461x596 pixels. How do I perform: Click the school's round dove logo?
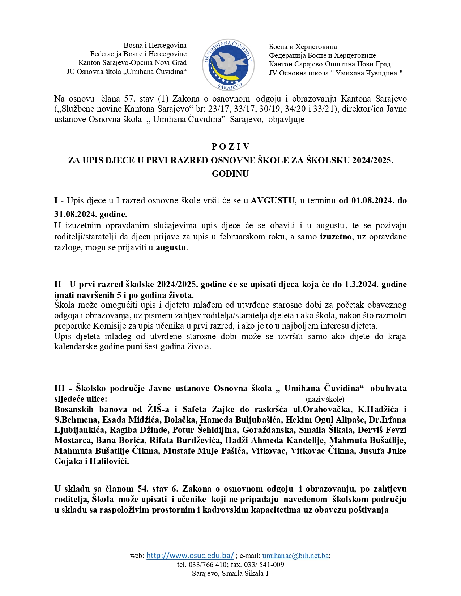pos(228,65)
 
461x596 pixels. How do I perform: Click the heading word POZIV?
pos(230,147)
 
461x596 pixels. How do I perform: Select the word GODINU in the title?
pos(230,174)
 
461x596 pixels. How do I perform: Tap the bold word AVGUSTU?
pos(273,200)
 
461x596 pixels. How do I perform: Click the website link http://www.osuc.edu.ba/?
pos(190,556)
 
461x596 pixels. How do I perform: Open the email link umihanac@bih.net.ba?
pos(295,556)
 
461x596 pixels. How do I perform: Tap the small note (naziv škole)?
pos(325,399)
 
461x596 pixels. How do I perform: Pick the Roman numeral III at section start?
pos(60,389)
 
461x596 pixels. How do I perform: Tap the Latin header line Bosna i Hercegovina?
pos(155,46)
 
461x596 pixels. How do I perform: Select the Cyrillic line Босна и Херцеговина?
pos(303,47)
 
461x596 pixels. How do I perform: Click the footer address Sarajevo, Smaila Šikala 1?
pos(230,574)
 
